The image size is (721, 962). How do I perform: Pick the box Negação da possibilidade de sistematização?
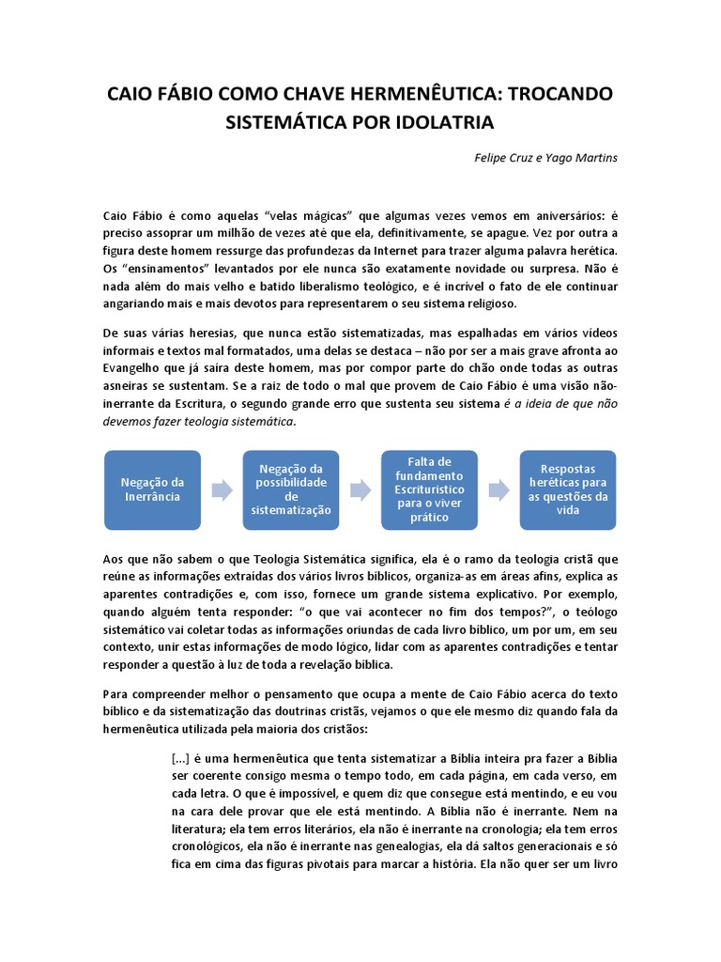tap(290, 489)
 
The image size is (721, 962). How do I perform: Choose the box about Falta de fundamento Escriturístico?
tap(430, 489)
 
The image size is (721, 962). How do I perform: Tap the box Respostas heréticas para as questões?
tap(568, 489)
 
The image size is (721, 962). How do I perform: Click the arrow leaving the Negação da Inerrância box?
tap(222, 489)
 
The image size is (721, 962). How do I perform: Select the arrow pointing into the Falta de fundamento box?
tap(360, 489)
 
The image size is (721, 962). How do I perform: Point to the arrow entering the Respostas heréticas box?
tap(499, 489)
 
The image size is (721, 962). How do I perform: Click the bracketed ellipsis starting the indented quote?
tap(182, 758)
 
